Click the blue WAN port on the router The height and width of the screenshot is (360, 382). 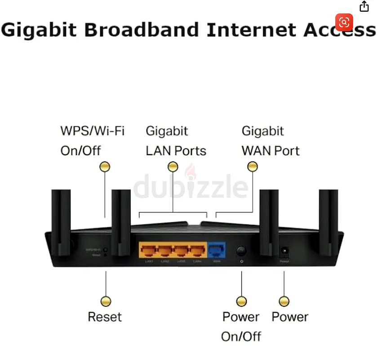[217, 250]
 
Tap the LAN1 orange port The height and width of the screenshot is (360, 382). [147, 251]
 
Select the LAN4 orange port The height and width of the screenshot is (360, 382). [198, 251]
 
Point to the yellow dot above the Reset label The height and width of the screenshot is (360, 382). [106, 301]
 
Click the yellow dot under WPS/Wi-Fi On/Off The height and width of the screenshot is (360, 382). [105, 167]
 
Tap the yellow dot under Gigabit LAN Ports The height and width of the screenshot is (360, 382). [173, 167]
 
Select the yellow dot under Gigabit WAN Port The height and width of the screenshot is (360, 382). [253, 167]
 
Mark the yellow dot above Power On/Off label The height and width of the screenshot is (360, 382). [241, 301]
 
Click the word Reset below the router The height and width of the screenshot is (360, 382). [105, 317]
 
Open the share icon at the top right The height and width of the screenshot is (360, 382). [364, 6]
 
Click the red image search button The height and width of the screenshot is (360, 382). [344, 22]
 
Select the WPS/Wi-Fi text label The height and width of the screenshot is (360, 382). [92, 131]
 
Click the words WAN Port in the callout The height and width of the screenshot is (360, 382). [271, 150]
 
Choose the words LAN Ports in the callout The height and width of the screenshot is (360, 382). [176, 150]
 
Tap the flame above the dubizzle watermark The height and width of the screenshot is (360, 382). [190, 171]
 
